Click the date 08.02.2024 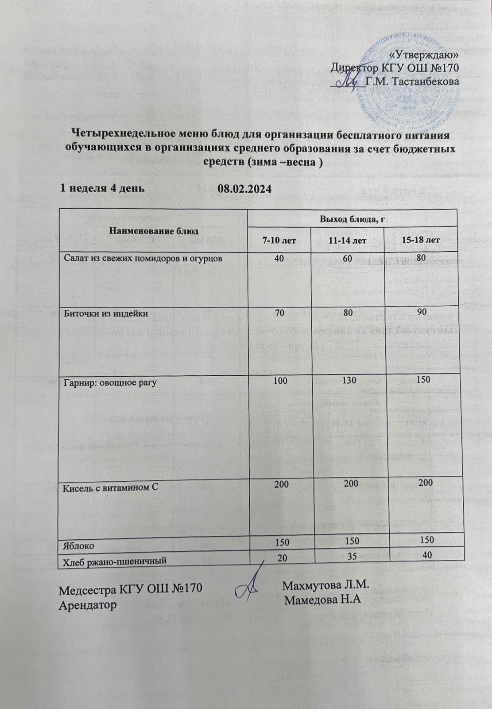(x=244, y=189)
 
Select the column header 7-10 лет (x=279, y=240)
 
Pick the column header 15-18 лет (x=421, y=240)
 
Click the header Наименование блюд (x=151, y=231)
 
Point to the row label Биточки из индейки (x=106, y=314)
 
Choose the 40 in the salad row (x=279, y=258)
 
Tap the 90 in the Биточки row (x=421, y=313)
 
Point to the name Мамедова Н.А (x=323, y=601)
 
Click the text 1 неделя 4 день (x=102, y=188)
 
